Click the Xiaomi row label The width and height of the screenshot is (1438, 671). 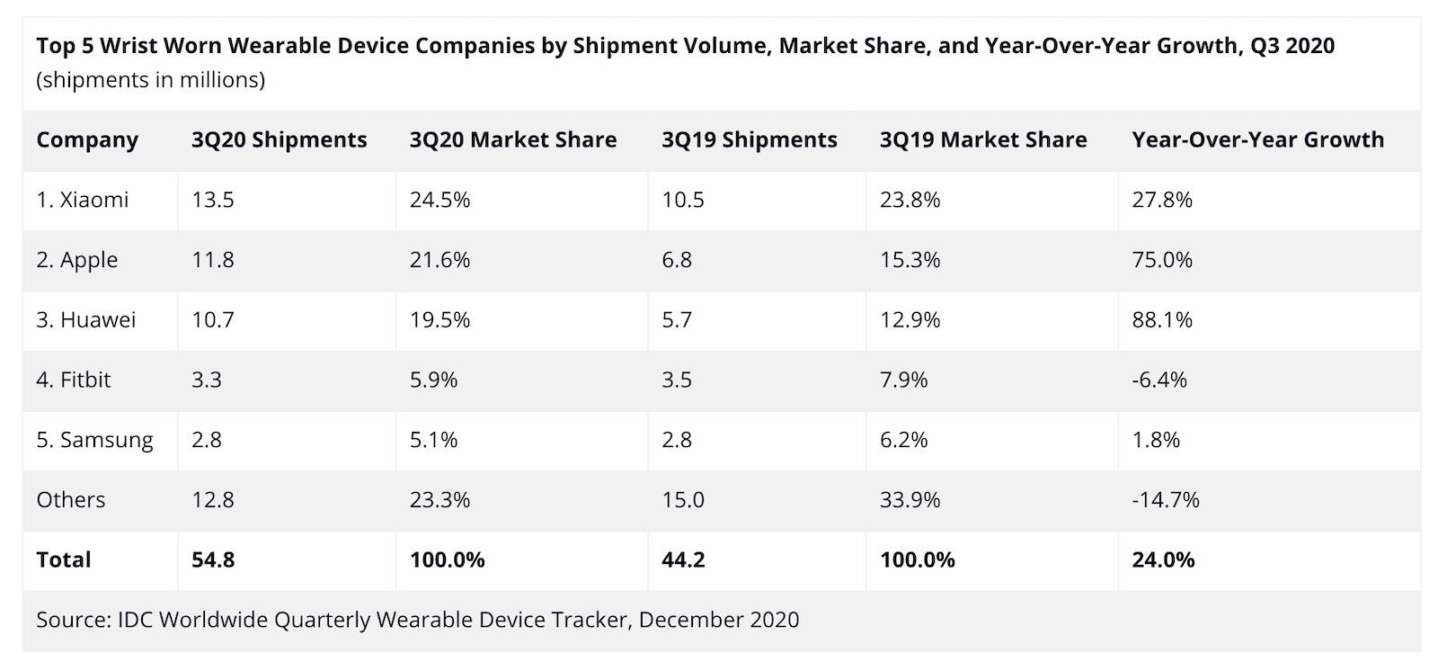pos(83,200)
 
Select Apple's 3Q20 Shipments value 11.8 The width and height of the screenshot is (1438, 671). pos(213,260)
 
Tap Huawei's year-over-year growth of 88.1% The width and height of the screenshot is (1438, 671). pos(1162,320)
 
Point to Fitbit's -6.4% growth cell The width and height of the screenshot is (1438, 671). pos(1159,380)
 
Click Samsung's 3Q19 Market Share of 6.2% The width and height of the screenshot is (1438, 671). pos(903,440)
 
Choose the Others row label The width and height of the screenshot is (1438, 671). pos(71,500)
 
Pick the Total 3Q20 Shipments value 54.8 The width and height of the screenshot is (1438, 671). pos(213,559)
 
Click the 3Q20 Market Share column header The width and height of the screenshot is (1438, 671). pos(513,140)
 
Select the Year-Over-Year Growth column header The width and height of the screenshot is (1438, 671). pos(1257,140)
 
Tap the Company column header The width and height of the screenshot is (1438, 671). pos(87,140)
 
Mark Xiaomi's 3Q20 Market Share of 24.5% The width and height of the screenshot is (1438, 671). pos(439,200)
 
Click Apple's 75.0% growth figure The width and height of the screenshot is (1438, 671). pos(1162,260)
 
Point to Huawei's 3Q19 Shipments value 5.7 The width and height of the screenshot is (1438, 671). pos(677,320)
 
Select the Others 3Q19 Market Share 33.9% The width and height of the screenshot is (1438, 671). pos(910,500)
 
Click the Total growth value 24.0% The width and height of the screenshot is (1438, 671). pos(1163,559)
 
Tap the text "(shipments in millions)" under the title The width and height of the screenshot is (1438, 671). pos(151,80)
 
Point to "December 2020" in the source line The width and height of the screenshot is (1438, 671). pos(719,620)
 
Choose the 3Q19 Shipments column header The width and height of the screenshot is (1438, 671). pos(750,140)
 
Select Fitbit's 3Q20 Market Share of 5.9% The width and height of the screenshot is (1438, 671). pos(433,380)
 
